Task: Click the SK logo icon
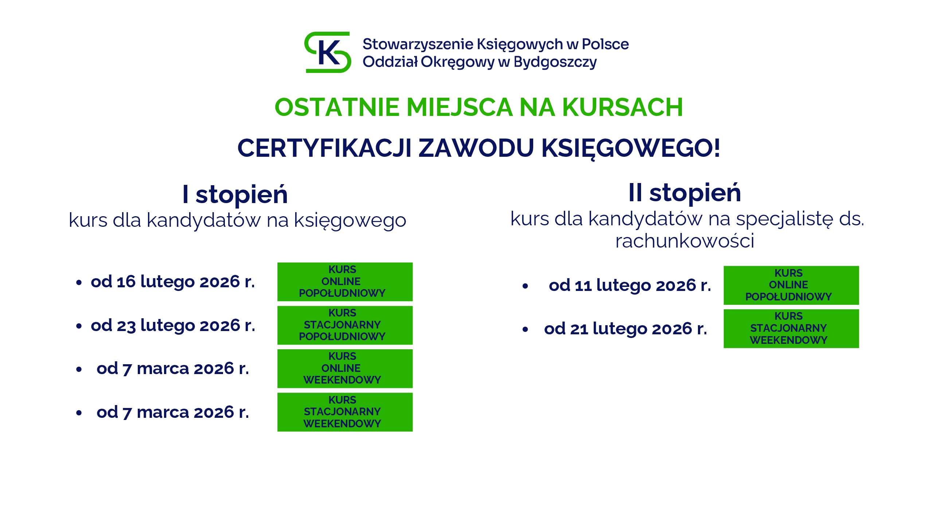(328, 52)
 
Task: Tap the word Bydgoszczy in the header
(555, 62)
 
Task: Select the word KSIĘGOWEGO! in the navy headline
(631, 148)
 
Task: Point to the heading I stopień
(235, 194)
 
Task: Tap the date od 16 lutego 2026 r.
(173, 282)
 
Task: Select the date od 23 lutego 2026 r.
(173, 325)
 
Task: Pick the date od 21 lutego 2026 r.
(625, 329)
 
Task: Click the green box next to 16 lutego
(345, 282)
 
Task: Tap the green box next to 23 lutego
(345, 325)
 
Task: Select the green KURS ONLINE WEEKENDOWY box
(345, 369)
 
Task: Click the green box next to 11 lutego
(791, 285)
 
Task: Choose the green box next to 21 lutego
(791, 329)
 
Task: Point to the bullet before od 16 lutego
(79, 283)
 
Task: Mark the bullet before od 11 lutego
(525, 286)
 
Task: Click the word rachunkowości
(684, 241)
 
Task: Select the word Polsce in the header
(605, 44)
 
